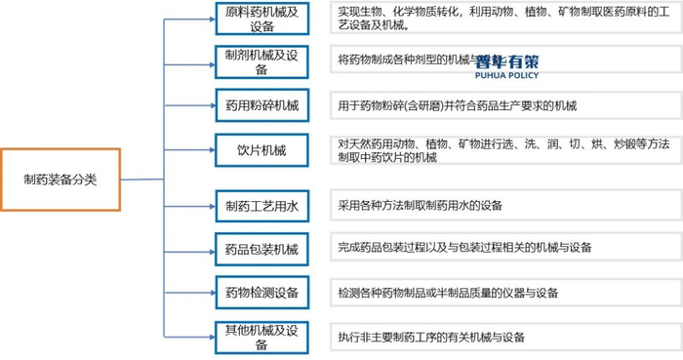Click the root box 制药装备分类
pos(60,180)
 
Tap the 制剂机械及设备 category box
pos(261,61)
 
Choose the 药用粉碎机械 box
pos(261,102)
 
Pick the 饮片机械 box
pos(261,150)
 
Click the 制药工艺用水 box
pos(261,205)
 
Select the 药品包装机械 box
pos(261,248)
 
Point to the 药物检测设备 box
pos(261,292)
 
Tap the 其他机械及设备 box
pos(261,337)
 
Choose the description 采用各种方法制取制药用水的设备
pos(434,206)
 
